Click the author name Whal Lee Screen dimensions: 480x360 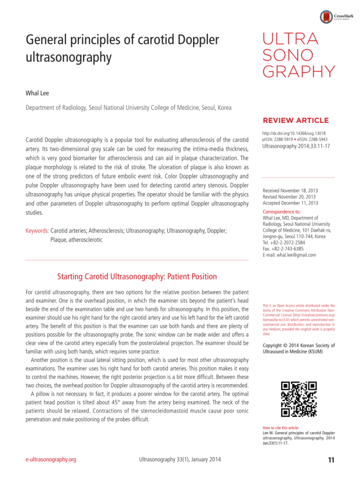click(37, 93)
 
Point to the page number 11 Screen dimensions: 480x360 click(331, 460)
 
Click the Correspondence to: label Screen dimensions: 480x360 click(281, 212)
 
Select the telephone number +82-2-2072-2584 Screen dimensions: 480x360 click(294, 243)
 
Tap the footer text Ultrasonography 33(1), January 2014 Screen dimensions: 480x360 click(177, 460)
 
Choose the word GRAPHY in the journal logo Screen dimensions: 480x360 click(298, 72)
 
